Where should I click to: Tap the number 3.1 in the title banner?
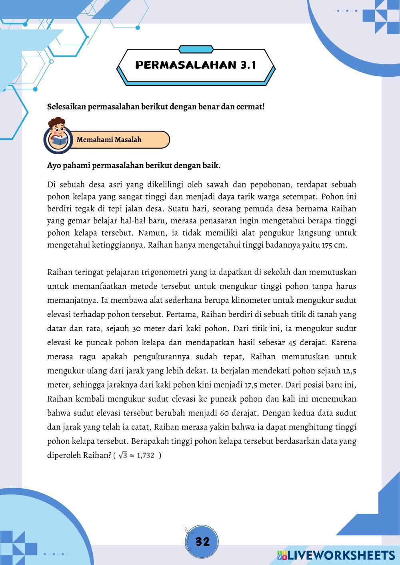coord(248,65)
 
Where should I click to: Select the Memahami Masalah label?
coord(109,139)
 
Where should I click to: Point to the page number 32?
coord(202,542)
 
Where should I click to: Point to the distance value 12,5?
coord(349,370)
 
